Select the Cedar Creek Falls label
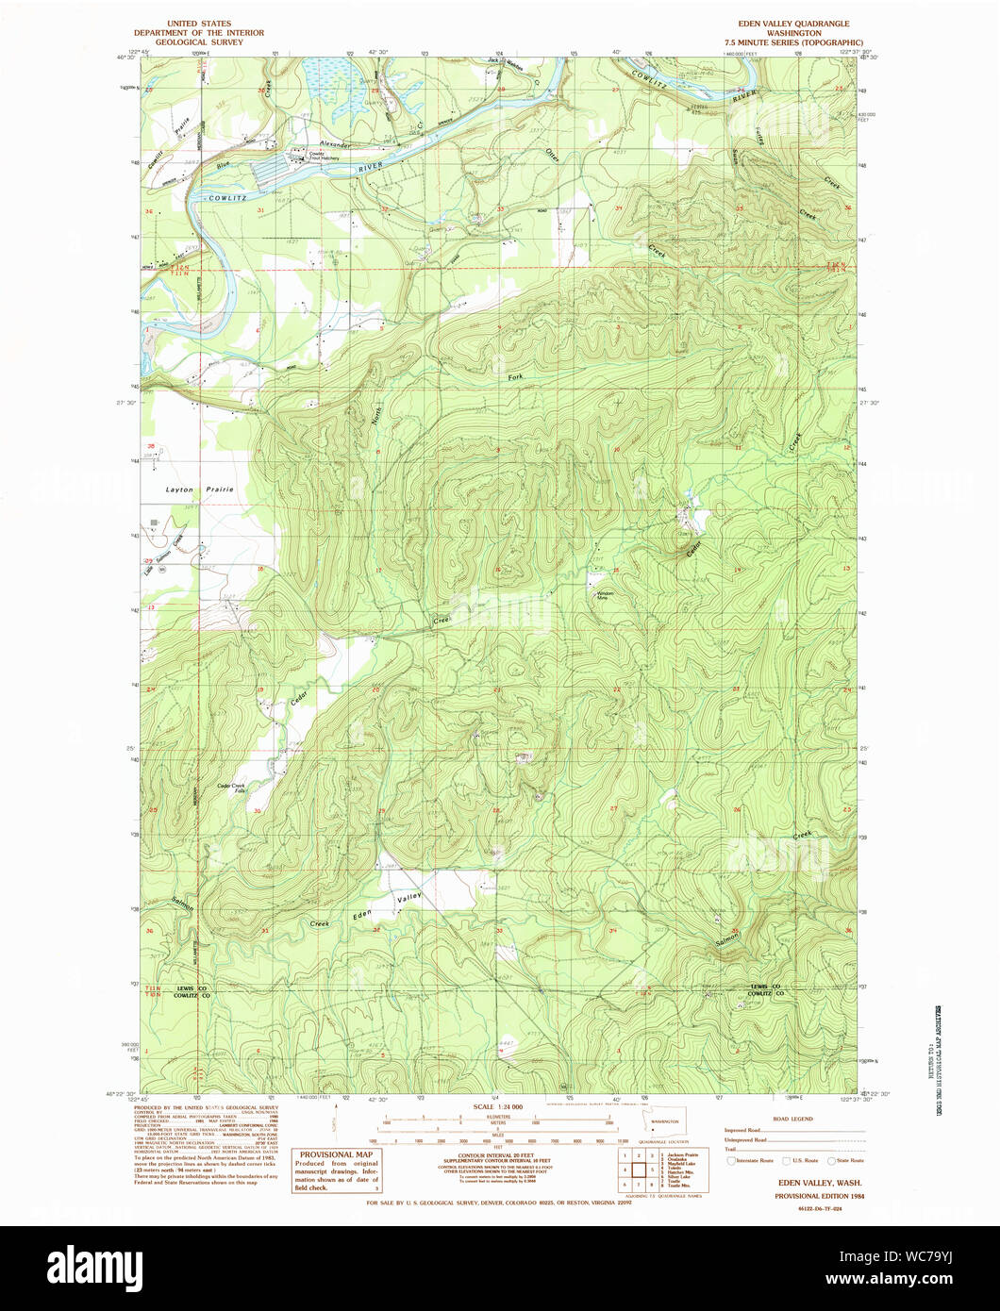click(231, 788)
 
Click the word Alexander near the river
click(335, 144)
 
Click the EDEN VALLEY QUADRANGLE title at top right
click(794, 24)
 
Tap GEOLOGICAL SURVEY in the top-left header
click(199, 42)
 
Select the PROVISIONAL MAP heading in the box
click(336, 1154)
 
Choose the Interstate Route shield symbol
click(733, 1160)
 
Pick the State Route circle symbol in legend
click(831, 1160)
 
